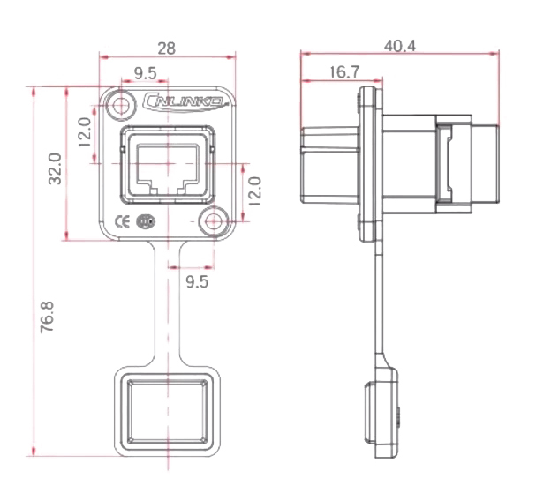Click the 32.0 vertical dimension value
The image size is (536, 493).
[55, 164]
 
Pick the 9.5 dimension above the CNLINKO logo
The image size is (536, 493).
[146, 71]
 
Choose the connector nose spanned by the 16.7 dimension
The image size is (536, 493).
[328, 168]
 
